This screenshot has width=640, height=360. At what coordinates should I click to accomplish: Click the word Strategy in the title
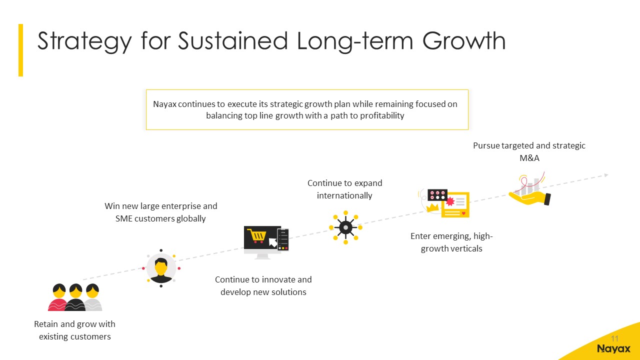[84, 41]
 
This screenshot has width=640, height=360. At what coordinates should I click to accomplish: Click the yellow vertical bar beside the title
[20, 50]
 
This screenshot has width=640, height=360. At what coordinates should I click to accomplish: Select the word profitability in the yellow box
[382, 115]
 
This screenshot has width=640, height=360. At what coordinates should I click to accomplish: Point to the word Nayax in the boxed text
[164, 104]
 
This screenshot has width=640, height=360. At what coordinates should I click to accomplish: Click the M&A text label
[529, 158]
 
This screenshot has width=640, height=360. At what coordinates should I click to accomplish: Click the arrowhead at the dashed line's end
[606, 175]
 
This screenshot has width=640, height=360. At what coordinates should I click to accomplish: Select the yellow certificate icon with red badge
[455, 204]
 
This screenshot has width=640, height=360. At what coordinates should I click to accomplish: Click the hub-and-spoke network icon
[345, 227]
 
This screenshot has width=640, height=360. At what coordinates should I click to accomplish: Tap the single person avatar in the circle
[161, 268]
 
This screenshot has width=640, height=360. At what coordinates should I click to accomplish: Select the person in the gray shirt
[93, 297]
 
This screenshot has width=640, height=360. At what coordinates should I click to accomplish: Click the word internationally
[344, 195]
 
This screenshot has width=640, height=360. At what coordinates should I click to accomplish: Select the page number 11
[614, 338]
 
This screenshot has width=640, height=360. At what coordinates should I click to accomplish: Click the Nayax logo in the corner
[613, 349]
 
